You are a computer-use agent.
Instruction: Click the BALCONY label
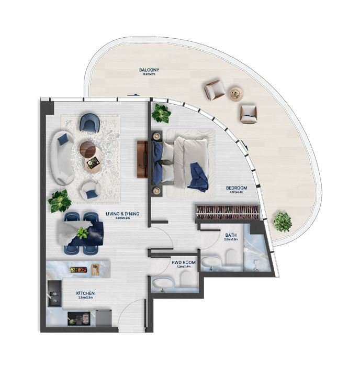coord(149,70)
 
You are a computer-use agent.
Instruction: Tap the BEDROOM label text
coord(237,188)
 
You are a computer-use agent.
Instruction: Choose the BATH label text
coord(230,235)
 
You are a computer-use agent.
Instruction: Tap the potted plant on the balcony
coord(283,222)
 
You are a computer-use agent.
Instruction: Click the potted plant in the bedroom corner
coord(161,112)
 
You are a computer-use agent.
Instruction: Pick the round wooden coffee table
coord(88,149)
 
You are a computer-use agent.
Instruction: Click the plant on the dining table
coord(82,233)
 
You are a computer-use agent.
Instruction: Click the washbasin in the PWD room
coord(160,284)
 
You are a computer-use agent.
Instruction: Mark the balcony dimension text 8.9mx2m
coord(149,74)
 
